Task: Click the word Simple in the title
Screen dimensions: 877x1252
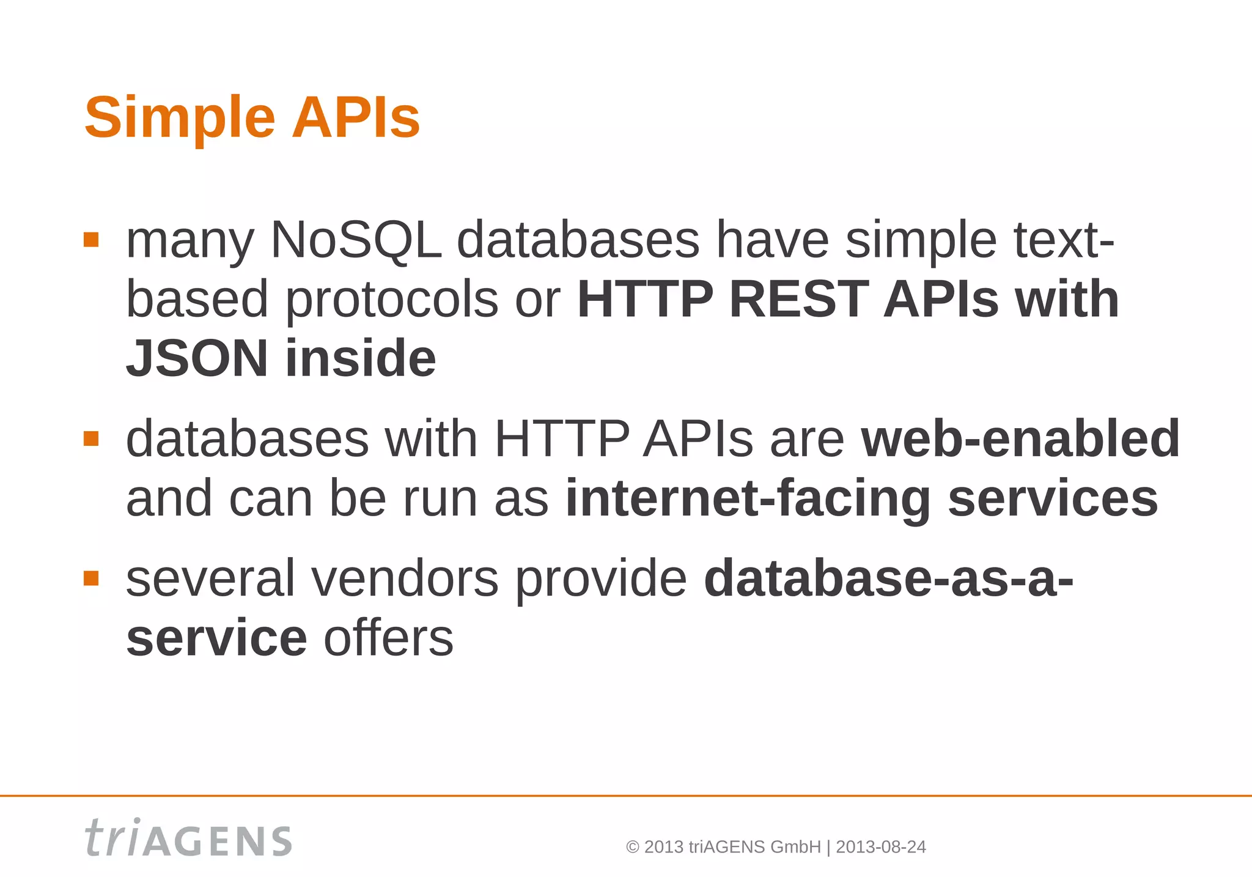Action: pyautogui.click(x=180, y=118)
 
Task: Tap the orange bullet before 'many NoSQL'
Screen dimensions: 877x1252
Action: pyautogui.click(x=91, y=239)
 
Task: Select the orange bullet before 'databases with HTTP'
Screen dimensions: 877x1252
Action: pyautogui.click(x=91, y=438)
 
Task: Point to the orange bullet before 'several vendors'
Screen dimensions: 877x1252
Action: pyautogui.click(x=91, y=578)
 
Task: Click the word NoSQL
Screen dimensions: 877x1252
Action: pyautogui.click(x=355, y=240)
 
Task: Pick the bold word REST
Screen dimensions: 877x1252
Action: pyautogui.click(x=798, y=299)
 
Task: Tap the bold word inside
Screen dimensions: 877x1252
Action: pyautogui.click(x=361, y=358)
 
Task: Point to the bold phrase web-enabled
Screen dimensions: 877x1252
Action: pyautogui.click(x=1020, y=438)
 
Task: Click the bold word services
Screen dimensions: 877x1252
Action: pyautogui.click(x=1053, y=499)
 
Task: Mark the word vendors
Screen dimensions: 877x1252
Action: pyautogui.click(x=405, y=579)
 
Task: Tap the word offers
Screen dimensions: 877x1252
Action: pyautogui.click(x=388, y=638)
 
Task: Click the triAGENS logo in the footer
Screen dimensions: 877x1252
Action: pyautogui.click(x=188, y=838)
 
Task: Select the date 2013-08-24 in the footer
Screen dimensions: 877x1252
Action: pyautogui.click(x=880, y=847)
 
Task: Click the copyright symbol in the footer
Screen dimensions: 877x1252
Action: pyautogui.click(x=633, y=848)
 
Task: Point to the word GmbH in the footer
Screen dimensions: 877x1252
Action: pyautogui.click(x=795, y=847)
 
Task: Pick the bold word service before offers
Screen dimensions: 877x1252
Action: pyautogui.click(x=216, y=638)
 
